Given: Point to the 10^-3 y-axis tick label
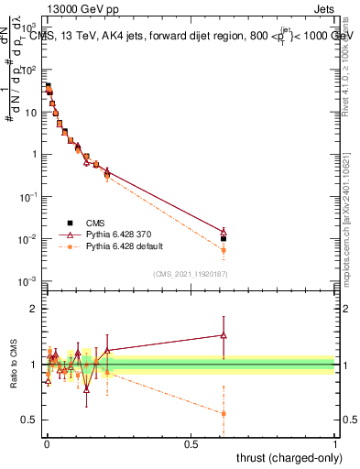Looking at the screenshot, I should pyautogui.click(x=28, y=281).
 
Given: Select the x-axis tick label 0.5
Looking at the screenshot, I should pyautogui.click(x=191, y=444).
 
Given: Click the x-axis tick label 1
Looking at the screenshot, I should pyautogui.click(x=335, y=444).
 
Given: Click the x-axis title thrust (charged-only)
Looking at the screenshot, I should pyautogui.click(x=289, y=459).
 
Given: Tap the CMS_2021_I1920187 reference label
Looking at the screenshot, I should pyautogui.click(x=190, y=274).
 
